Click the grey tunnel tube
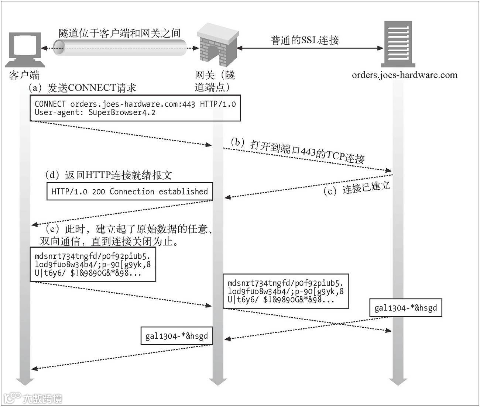[120, 48]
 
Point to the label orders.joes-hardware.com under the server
[404, 75]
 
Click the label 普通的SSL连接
[305, 40]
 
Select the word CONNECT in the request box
[50, 104]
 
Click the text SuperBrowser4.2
[122, 113]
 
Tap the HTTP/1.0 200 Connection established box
[130, 192]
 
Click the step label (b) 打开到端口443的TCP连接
[298, 151]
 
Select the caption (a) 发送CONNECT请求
[82, 88]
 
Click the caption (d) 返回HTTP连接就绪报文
[109, 175]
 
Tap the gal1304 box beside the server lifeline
[405, 308]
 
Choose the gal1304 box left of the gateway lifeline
[176, 336]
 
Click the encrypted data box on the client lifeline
[93, 265]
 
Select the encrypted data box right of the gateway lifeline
[285, 291]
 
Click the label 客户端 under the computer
[24, 75]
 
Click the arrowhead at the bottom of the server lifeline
[398, 381]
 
